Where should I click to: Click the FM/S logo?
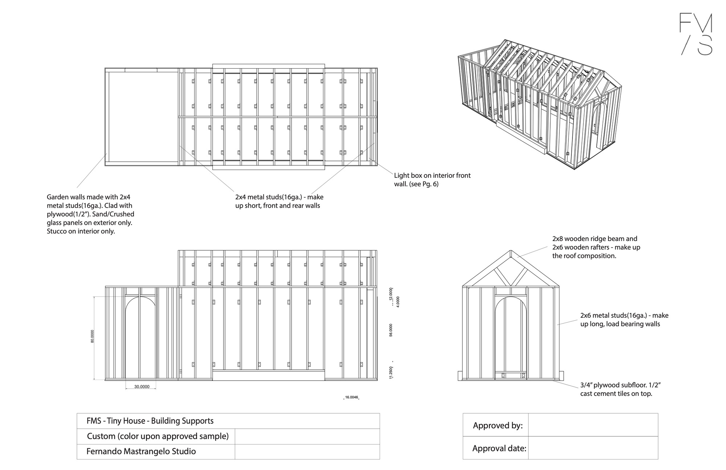tap(696, 34)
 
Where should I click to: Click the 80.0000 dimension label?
tap(92, 336)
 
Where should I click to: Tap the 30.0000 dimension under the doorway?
tap(142, 387)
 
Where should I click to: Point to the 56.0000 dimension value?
tap(391, 330)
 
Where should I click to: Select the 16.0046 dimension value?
tap(351, 397)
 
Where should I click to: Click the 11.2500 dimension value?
tap(391, 373)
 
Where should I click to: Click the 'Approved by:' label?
tap(498, 425)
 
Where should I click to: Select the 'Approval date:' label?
tap(499, 448)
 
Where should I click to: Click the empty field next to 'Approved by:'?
tap(593, 425)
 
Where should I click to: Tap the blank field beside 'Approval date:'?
tap(593, 448)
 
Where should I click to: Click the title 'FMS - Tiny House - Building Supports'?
tap(150, 421)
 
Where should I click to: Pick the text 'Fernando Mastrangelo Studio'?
tap(141, 451)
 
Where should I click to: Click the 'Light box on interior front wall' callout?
tap(432, 180)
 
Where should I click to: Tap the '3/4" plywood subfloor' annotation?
tap(622, 389)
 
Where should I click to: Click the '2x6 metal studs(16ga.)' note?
tap(624, 320)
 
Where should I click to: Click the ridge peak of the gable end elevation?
tap(510, 251)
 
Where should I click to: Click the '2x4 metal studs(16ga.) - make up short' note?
tap(279, 201)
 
